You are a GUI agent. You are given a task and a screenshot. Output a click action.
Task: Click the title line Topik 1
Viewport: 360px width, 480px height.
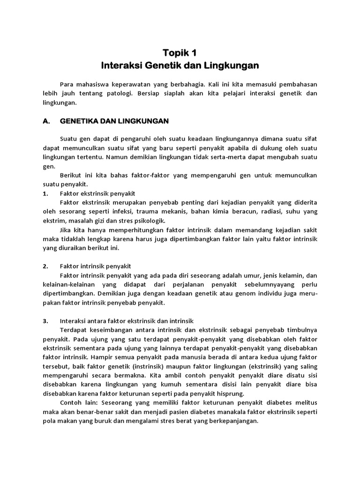[x=180, y=52]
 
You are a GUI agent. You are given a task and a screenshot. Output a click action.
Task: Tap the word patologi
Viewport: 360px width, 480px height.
[x=120, y=93]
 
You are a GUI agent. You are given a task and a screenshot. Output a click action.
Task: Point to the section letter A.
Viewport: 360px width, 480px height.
[x=46, y=121]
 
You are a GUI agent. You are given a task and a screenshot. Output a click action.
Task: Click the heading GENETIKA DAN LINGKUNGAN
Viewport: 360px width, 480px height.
[x=114, y=121]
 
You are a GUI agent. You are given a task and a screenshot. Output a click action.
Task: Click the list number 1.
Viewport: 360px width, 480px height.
[x=45, y=193]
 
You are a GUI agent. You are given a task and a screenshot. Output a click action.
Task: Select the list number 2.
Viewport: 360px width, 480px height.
[x=45, y=266]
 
